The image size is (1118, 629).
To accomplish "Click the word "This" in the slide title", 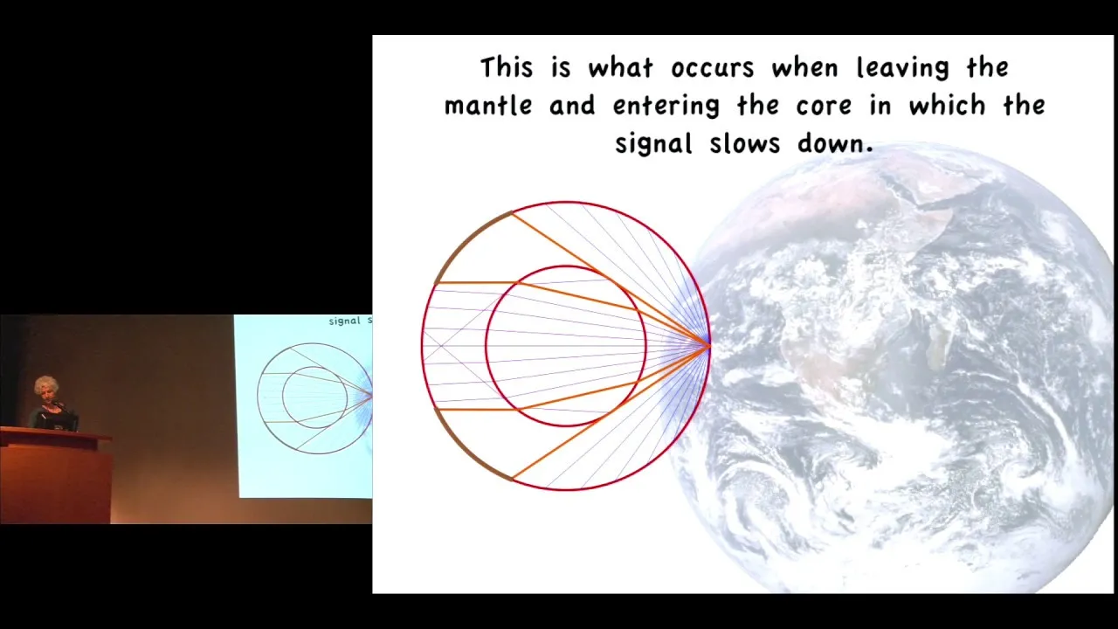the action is click(x=507, y=67).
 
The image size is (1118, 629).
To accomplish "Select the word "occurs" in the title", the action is click(x=712, y=69).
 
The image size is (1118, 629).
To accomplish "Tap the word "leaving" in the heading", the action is click(x=902, y=68).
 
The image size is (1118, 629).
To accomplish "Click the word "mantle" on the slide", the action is click(x=488, y=106).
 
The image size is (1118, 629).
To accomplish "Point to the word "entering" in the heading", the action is click(x=666, y=107).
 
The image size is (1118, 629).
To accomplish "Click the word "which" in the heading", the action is click(x=947, y=106).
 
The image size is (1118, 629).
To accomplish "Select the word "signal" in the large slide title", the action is click(x=653, y=144).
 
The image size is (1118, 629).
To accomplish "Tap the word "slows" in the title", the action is click(x=745, y=143).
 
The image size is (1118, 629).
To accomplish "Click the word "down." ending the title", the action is click(x=835, y=143).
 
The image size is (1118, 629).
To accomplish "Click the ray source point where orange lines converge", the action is click(x=708, y=345).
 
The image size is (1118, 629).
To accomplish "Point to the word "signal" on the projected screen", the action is click(x=344, y=321).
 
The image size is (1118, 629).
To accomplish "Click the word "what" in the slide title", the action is click(x=620, y=67).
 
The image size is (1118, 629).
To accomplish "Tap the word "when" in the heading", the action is click(x=804, y=67).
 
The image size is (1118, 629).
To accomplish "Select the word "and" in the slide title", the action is click(x=572, y=106).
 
